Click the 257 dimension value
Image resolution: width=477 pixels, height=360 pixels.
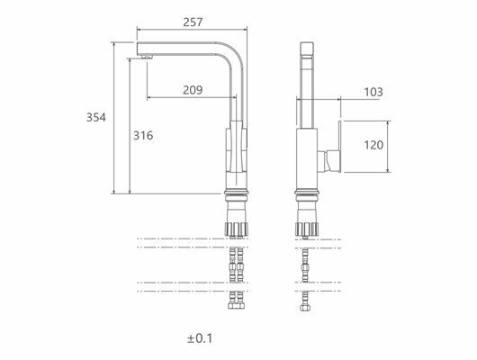pos(193,22)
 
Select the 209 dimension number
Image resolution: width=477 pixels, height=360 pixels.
pos(193,90)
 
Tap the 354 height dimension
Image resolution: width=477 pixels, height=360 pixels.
pos(96,117)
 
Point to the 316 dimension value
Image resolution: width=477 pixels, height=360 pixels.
pos(143,135)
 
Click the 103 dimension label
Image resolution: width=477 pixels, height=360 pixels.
pos(373,92)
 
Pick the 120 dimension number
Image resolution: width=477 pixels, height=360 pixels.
pos(373,145)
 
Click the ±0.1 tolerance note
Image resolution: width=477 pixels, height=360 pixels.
pos(200,338)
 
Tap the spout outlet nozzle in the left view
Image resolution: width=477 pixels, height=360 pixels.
pos(147,56)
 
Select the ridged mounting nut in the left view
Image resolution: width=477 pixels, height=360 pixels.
pos(236,229)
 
